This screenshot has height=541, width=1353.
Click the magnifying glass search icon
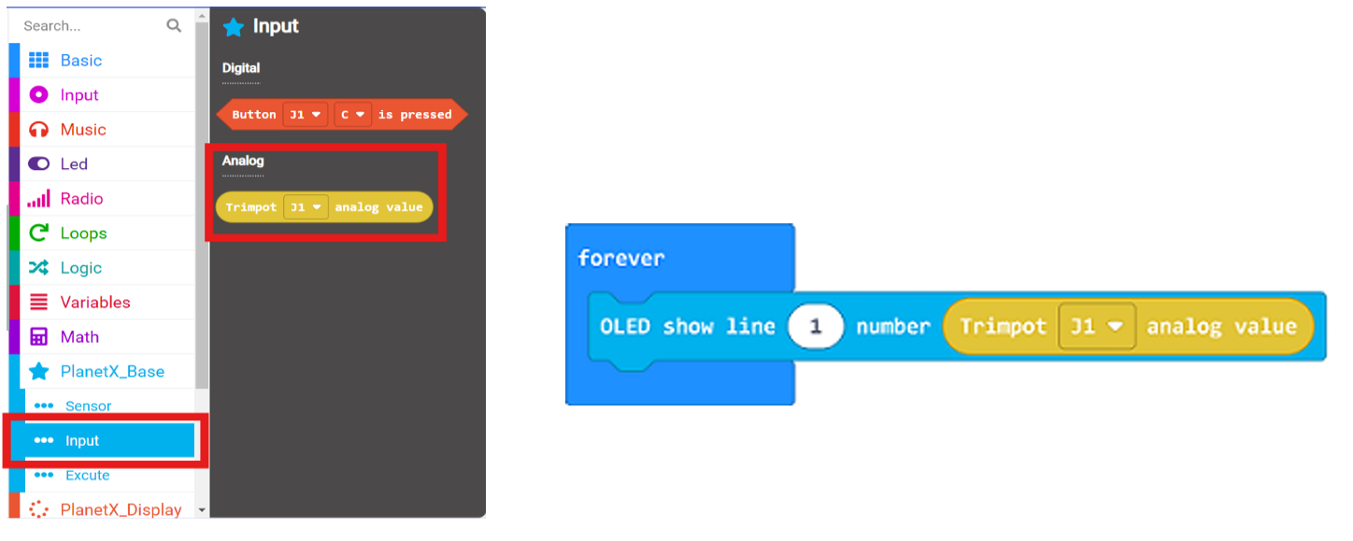point(174,25)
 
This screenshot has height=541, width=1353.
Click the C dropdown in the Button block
point(352,114)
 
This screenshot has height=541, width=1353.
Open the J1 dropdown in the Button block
point(305,114)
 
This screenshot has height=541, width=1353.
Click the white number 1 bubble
point(816,327)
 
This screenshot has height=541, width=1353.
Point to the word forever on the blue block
point(621,259)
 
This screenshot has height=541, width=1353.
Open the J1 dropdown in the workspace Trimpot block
point(1097,327)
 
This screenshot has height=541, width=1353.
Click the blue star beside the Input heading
point(234,26)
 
